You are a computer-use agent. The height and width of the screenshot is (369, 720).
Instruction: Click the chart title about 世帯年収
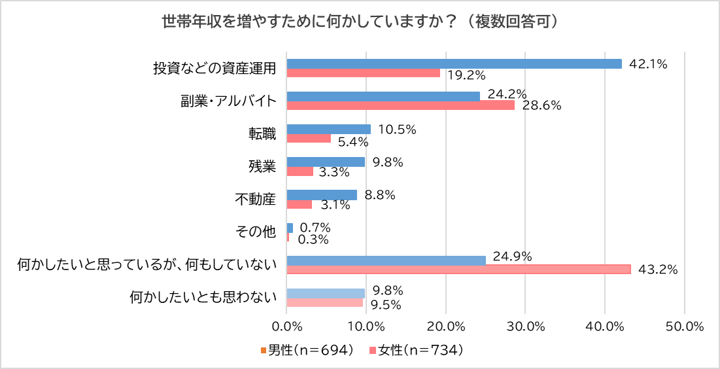click(x=360, y=22)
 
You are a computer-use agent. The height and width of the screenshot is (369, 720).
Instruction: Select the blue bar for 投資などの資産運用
click(x=454, y=63)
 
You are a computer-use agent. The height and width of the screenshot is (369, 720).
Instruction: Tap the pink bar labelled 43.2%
click(x=458, y=269)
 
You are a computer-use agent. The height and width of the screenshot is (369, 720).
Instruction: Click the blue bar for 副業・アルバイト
click(x=383, y=96)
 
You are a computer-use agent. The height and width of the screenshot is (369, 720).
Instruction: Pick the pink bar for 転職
click(x=309, y=139)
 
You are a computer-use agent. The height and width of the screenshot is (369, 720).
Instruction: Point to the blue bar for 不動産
click(x=322, y=194)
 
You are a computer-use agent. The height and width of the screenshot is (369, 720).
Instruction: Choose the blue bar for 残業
click(x=326, y=162)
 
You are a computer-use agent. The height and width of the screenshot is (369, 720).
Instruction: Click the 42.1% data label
click(x=647, y=63)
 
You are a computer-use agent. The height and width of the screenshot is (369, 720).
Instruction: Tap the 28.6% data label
click(x=543, y=105)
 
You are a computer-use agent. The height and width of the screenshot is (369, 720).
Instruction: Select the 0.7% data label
click(x=315, y=228)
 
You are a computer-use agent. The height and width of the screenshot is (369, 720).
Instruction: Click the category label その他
click(x=255, y=232)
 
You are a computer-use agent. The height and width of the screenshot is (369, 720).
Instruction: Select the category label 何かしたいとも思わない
click(x=203, y=298)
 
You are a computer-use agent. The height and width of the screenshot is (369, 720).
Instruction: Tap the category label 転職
click(x=262, y=134)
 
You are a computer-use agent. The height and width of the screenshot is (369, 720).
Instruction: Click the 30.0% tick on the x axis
click(x=525, y=326)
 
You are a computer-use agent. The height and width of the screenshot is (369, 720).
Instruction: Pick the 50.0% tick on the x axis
click(x=684, y=326)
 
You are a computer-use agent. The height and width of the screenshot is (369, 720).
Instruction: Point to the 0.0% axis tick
click(x=286, y=326)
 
